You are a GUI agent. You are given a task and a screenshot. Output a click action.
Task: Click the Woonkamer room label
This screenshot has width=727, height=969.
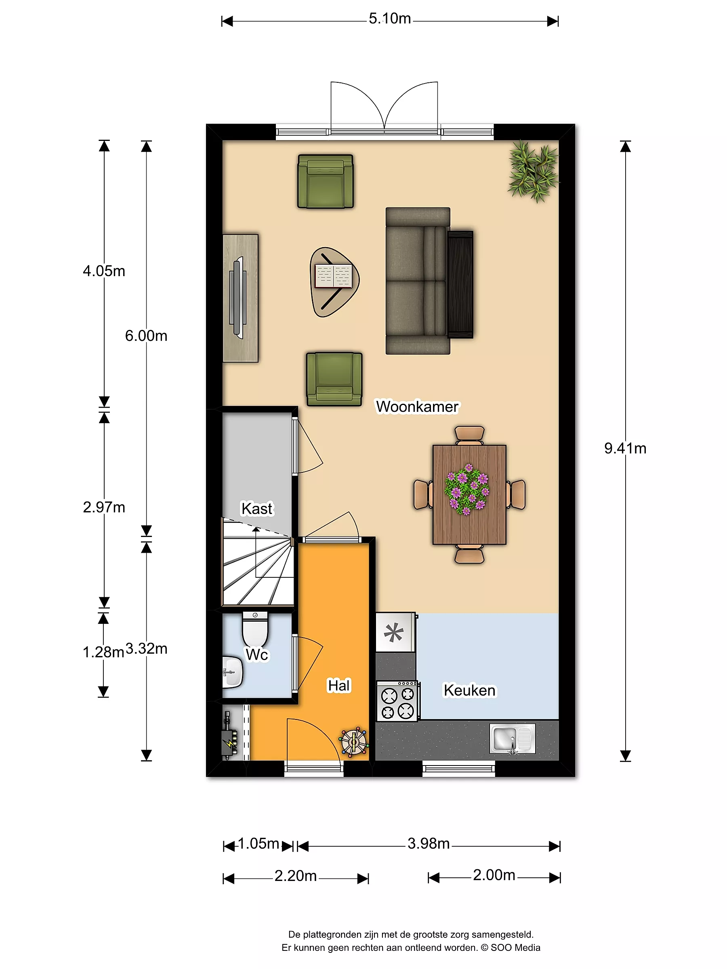[x=417, y=407]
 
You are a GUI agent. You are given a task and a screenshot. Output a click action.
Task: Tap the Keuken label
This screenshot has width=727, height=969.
[x=469, y=690]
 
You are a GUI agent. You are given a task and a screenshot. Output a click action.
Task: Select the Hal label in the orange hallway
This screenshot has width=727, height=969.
[x=339, y=686]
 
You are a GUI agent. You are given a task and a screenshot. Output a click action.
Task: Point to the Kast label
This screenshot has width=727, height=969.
[x=257, y=509]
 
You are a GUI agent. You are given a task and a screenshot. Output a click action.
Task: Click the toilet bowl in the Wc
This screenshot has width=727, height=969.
[x=255, y=629]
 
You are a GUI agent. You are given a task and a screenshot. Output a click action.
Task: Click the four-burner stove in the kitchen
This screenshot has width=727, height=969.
[x=398, y=701]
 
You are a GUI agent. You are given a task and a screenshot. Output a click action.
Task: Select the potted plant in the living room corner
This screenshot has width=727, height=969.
[x=533, y=171]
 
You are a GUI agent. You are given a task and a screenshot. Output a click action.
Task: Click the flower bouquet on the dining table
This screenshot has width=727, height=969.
[x=467, y=489]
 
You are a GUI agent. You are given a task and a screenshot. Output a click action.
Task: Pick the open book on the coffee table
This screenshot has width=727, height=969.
[x=334, y=276]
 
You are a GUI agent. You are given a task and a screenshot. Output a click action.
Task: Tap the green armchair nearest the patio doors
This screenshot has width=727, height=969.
[x=325, y=181]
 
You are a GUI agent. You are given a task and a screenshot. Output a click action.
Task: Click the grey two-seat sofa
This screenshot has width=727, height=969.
[x=418, y=281]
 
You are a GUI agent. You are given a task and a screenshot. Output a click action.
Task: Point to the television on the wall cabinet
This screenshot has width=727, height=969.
[x=237, y=298]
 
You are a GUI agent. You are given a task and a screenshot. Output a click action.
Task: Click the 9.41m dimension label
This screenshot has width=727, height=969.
[x=625, y=448]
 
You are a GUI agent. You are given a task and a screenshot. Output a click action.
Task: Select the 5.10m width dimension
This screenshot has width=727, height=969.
[x=390, y=19]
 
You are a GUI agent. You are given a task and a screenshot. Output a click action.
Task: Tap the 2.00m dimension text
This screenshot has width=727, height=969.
[x=494, y=875]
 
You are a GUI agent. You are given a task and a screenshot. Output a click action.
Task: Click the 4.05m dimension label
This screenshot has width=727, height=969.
[x=104, y=271]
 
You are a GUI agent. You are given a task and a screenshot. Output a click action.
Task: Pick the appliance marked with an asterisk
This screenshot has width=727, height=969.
[x=395, y=632]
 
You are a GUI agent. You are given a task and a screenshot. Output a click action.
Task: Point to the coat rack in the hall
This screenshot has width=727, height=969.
[x=353, y=742]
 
